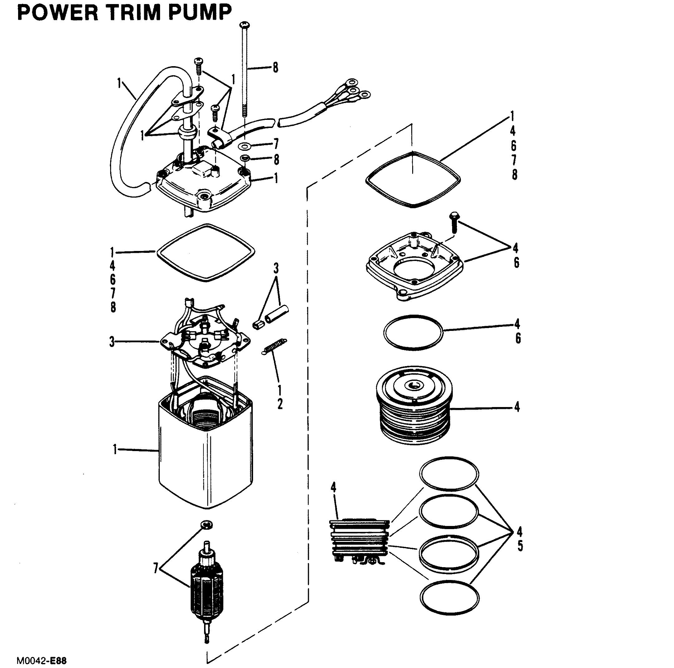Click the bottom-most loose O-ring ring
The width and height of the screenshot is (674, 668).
pyautogui.click(x=449, y=600)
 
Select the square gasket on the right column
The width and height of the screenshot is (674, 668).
pyautogui.click(x=413, y=179)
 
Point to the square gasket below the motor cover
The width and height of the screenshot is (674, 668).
pyautogui.click(x=206, y=253)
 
